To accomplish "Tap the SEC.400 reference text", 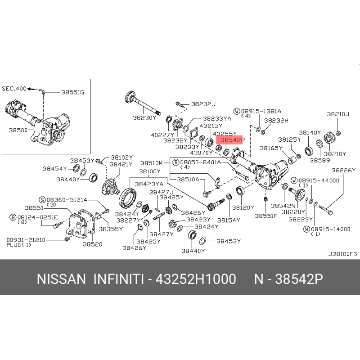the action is pos(14,89).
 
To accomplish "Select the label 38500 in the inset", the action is pos(18,130).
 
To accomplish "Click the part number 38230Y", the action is pos(144,118).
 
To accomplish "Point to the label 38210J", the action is pos(338,114).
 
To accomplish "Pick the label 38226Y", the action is pos(343,170).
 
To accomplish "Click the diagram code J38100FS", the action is pos(343,254).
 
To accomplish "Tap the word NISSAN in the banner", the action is pos(61,279).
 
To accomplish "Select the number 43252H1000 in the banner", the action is pos(196,279).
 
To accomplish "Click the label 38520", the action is pos(93,244).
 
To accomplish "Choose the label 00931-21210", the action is pos(26,240).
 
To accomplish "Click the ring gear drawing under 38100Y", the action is pos(127,198).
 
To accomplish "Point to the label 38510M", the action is pos(151,163).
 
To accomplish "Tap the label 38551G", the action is pos(72,92).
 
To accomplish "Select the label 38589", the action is pos(320,160).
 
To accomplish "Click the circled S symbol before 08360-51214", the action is pos(42,200).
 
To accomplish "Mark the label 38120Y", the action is pos(243,208).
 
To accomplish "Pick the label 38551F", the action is pos(266,216).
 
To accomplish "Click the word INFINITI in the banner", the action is pos(119,279).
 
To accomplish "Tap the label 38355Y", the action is pos(111,229).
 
